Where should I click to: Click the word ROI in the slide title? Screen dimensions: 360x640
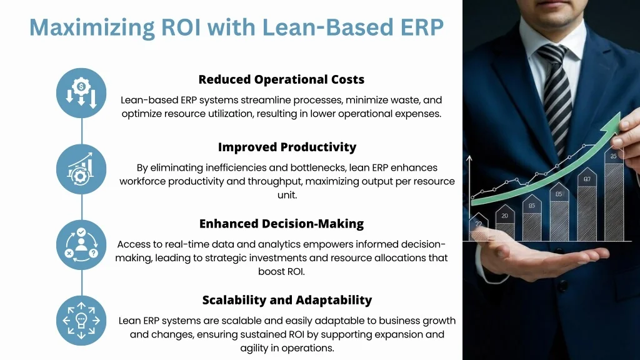(x=181, y=27)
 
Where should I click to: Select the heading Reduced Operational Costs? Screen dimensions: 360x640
(x=281, y=79)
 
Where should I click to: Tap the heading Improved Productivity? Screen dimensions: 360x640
(x=287, y=147)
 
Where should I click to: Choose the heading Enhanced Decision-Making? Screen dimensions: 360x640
(x=281, y=224)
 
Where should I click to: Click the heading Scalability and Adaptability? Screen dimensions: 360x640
(x=287, y=300)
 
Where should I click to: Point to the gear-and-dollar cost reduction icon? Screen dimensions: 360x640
(x=81, y=93)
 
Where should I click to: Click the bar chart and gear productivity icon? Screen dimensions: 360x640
(x=81, y=169)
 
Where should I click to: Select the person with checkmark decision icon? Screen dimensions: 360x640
(x=81, y=245)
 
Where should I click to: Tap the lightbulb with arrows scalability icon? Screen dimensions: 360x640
(x=81, y=321)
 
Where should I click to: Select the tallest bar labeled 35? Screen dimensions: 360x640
(x=614, y=194)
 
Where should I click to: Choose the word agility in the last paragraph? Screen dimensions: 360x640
(x=254, y=348)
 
